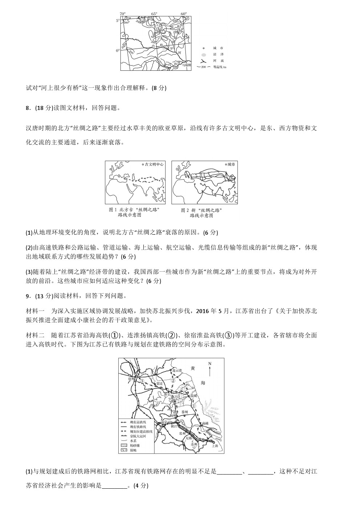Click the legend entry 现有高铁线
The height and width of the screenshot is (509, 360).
(x=138, y=422)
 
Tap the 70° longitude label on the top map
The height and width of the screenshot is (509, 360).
(x=122, y=14)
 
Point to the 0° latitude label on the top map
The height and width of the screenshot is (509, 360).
(x=117, y=51)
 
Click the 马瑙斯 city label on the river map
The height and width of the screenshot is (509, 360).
(x=186, y=65)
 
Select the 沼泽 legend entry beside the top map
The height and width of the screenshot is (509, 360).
(x=218, y=54)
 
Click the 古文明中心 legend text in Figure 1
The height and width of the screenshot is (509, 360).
(x=154, y=164)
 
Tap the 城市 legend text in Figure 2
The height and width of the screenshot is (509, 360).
(x=231, y=164)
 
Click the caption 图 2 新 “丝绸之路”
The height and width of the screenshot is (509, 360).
(x=201, y=210)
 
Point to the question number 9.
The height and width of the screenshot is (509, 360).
(x=28, y=296)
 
